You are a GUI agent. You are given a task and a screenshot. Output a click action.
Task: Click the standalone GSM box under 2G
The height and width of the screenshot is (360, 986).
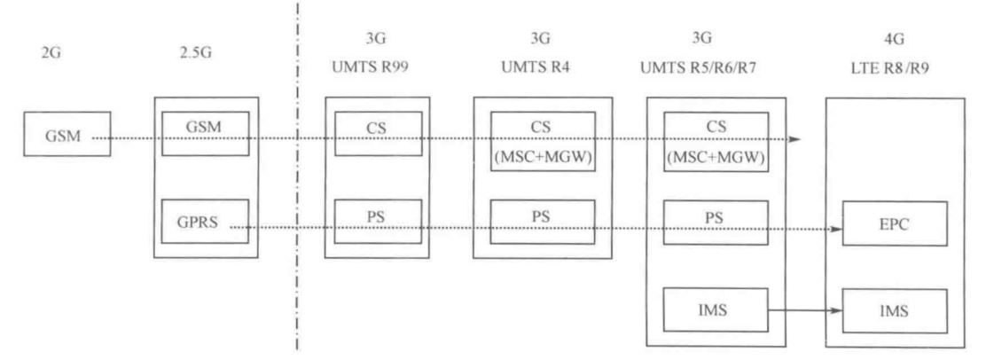[67, 135]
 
